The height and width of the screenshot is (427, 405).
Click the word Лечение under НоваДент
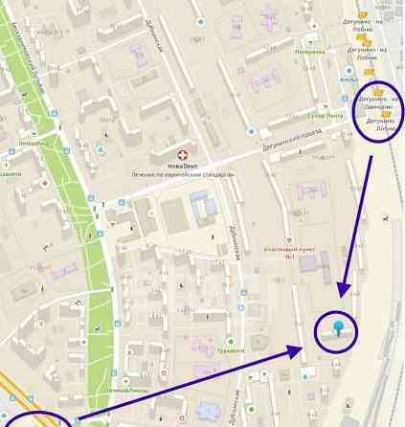150,174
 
